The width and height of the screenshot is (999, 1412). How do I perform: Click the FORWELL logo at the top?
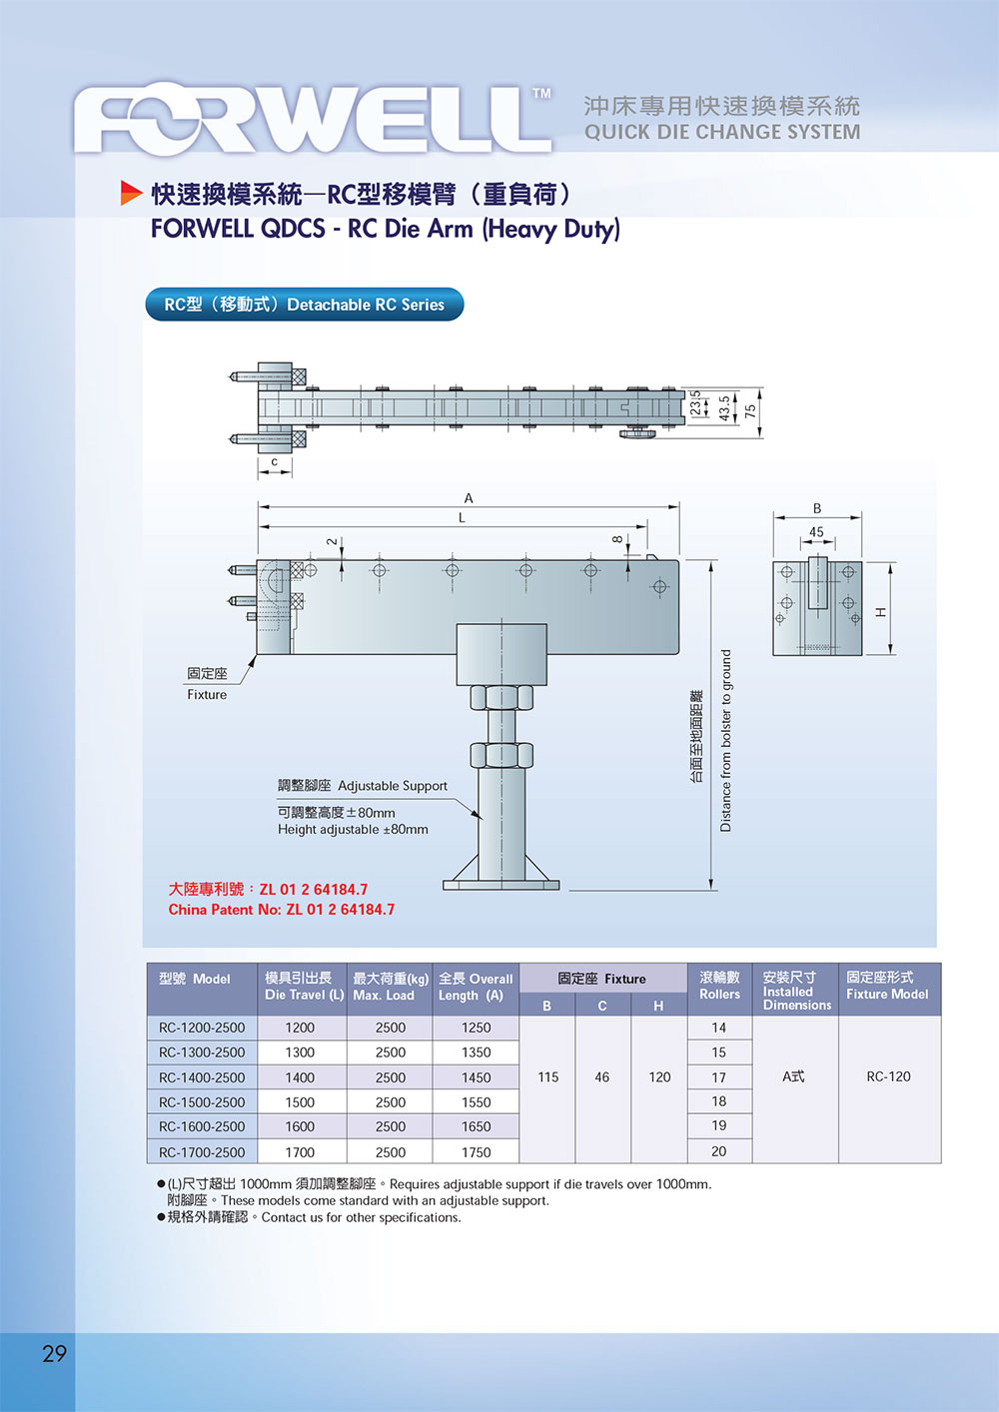point(312,120)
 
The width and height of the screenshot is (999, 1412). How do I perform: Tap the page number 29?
point(54,1353)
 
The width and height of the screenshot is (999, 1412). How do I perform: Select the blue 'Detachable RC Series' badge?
point(305,305)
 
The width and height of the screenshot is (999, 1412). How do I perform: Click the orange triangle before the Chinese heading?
point(131,193)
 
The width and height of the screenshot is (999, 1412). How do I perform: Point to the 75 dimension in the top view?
point(750,409)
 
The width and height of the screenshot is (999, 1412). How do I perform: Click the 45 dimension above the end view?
point(816,532)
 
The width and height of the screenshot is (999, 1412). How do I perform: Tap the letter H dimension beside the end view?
point(880,611)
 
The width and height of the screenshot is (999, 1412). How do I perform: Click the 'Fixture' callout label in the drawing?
point(207,694)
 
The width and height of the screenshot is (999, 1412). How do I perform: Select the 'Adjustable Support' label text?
point(393,786)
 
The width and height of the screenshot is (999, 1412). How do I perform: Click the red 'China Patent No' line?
point(282,910)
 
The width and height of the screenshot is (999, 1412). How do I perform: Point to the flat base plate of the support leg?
point(500,884)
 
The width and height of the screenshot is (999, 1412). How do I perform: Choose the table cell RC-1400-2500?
point(202,1077)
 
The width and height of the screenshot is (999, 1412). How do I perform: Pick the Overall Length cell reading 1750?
point(477,1152)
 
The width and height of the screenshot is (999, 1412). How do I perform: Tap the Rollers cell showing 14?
point(719,1028)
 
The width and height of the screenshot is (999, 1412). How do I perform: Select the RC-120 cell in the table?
point(888,1076)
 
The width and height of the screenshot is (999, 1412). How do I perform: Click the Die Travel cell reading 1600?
point(300,1126)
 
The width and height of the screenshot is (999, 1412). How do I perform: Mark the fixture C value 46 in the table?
point(601,1077)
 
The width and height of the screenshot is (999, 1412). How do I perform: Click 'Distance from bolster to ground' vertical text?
point(726,741)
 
